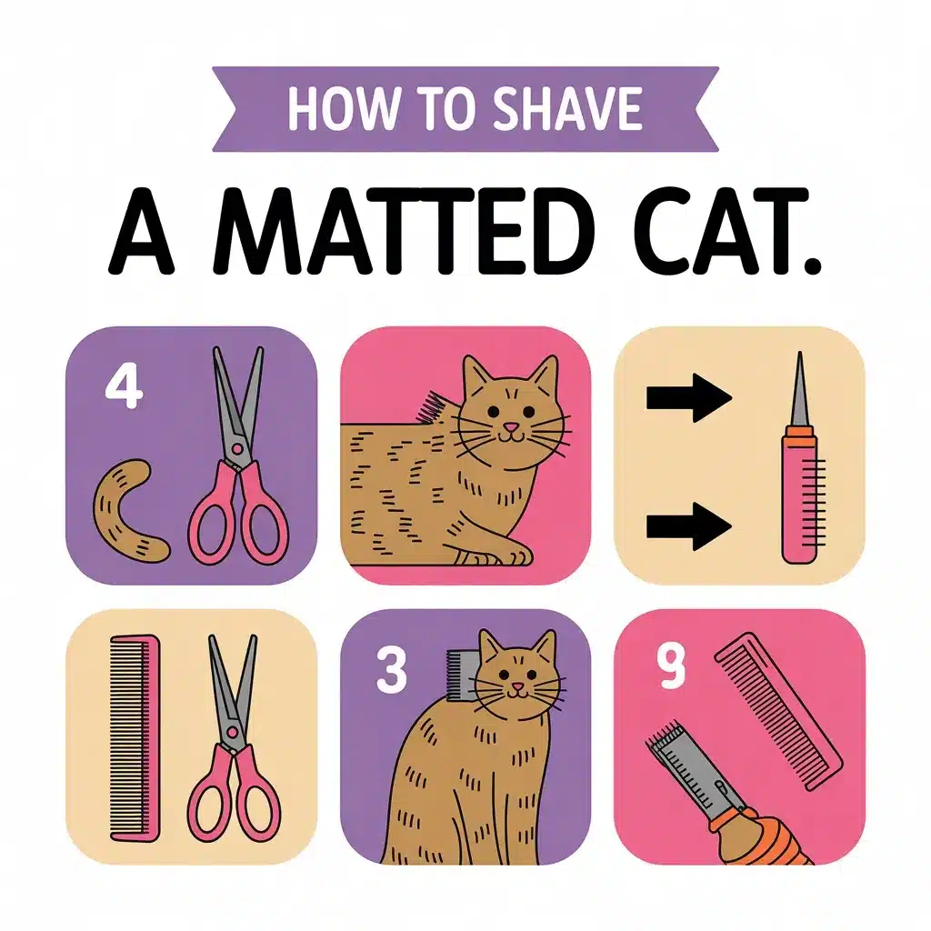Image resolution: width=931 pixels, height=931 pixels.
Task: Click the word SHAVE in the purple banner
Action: [x=567, y=109]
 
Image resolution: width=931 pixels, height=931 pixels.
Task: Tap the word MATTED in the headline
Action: [x=404, y=231]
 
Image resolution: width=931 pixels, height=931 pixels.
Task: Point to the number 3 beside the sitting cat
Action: [x=392, y=669]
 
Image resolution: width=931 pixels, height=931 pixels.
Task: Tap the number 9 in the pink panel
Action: [x=671, y=666]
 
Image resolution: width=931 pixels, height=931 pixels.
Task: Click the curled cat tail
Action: [x=127, y=511]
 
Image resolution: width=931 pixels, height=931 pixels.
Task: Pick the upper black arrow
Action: [x=689, y=398]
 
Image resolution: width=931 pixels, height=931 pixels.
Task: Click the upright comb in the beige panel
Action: [x=135, y=738]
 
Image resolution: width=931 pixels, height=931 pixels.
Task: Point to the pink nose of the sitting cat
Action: [x=517, y=687]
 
